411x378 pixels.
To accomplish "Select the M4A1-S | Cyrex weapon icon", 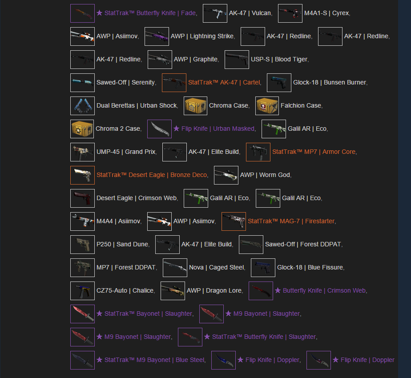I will [290, 13].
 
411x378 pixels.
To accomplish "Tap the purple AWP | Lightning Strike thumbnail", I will [157, 36].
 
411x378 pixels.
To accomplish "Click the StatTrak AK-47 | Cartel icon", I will [174, 83].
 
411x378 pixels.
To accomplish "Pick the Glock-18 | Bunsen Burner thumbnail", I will [279, 83].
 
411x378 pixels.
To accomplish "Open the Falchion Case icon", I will [267, 106].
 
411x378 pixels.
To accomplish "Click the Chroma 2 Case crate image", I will [82, 129].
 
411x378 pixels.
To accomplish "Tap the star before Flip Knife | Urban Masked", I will [177, 129].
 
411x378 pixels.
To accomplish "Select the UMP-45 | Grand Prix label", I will [126, 152].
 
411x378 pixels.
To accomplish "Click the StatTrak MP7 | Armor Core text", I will [314, 152].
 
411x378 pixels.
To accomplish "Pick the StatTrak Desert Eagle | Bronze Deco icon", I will [82, 175].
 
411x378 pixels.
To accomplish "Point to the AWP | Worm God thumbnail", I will [226, 175].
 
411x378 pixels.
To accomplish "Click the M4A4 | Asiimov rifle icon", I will [82, 221].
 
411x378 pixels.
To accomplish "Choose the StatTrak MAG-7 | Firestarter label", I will [291, 221].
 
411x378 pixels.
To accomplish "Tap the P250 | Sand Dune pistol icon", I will [82, 245].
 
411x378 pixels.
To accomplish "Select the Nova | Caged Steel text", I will [217, 267].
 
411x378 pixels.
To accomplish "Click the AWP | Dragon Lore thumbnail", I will [173, 291].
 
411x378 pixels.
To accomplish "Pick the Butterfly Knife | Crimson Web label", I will [324, 290].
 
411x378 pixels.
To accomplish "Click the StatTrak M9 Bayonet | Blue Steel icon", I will [82, 360].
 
